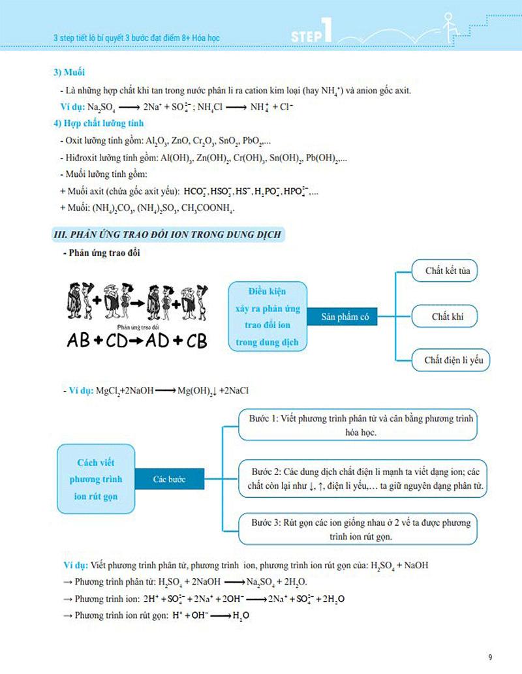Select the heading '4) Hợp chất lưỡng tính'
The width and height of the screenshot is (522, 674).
point(98,123)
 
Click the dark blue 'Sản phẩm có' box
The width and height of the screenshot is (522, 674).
point(345,316)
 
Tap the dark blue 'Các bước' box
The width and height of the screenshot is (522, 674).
point(169,480)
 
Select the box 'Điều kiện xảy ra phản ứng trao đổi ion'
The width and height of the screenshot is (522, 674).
point(268,316)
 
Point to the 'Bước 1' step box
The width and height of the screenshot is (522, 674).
point(357,425)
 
